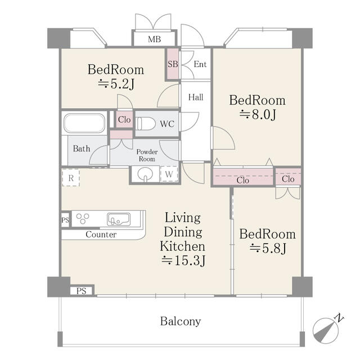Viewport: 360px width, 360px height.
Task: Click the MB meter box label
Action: [x=154, y=39]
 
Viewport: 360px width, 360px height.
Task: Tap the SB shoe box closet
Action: [x=173, y=64]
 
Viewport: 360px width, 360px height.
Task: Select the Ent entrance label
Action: [x=200, y=64]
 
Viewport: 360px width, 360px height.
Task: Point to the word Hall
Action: [x=196, y=97]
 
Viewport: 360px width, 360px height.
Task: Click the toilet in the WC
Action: [x=146, y=124]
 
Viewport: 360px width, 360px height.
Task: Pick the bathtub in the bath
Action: [x=84, y=123]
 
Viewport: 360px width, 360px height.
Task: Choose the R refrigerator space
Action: [x=71, y=178]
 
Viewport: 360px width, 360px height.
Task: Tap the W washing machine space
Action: [x=169, y=174]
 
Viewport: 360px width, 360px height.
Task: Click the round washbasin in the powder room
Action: [x=145, y=174]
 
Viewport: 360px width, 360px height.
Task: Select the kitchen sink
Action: [x=119, y=219]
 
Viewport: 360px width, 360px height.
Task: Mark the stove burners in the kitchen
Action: [x=83, y=219]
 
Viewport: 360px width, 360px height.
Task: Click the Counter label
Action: [x=101, y=235]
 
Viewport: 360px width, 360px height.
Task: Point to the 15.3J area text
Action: [x=183, y=260]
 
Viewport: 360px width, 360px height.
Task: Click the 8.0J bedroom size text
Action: [x=258, y=115]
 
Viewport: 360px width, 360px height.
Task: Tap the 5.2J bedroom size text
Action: [x=116, y=84]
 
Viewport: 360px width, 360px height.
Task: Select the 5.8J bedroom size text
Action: [x=268, y=248]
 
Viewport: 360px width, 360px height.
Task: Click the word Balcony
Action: [x=181, y=321]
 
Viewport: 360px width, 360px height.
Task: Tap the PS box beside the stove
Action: [x=65, y=220]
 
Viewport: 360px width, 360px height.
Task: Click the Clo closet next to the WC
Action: [x=124, y=119]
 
